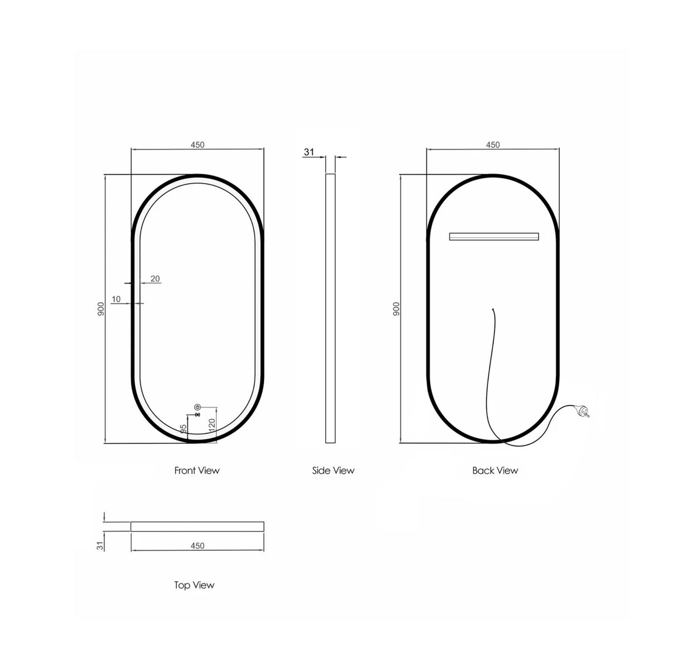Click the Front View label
point(197,471)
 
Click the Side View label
point(333,471)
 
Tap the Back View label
point(495,471)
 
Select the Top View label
point(194,585)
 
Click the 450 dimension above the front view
point(197,145)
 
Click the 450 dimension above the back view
point(493,145)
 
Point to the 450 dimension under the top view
point(197,546)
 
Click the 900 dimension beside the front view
point(101,309)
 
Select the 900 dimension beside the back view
point(396,309)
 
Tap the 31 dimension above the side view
point(310,152)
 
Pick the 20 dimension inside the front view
point(155,279)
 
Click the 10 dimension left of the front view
point(116,299)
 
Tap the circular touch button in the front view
point(197,408)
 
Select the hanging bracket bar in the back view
point(494,236)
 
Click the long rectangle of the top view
point(197,526)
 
